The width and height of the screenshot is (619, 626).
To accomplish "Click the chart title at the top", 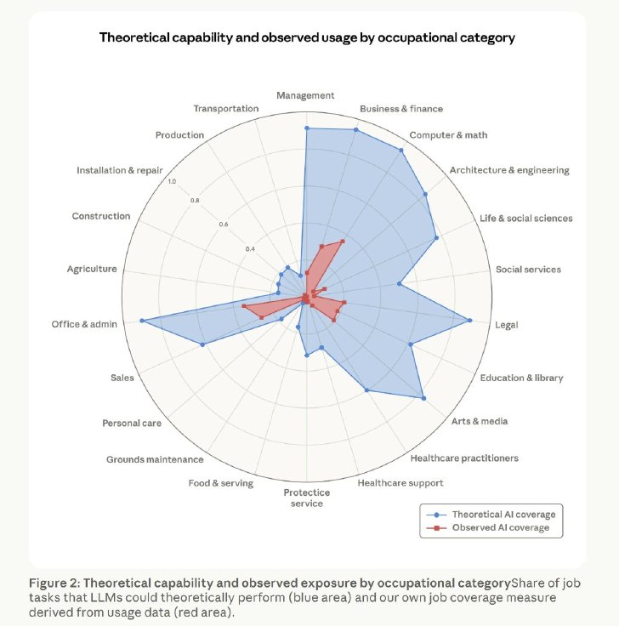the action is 307,37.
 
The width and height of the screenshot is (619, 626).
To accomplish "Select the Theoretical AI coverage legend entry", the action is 491,515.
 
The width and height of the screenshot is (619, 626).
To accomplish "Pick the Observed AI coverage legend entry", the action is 488,528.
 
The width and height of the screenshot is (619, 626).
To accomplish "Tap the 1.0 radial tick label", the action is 172,182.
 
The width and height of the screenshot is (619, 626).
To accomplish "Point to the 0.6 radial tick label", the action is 224,225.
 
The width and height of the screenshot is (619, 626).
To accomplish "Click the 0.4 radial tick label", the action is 250,249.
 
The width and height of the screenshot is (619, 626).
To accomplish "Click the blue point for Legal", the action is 469,320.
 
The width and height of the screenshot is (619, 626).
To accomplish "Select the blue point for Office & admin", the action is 141,321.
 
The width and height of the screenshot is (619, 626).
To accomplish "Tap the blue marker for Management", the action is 306,128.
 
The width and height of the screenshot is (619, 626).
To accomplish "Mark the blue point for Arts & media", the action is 423,398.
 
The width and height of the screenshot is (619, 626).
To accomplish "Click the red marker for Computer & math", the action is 343,242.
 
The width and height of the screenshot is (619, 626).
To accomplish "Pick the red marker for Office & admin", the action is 243,306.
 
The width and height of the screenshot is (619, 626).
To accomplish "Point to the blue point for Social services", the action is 399,283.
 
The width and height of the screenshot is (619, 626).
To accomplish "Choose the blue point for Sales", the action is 202,344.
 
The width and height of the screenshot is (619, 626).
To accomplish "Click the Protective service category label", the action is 306,498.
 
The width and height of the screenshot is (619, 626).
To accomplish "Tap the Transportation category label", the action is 226,109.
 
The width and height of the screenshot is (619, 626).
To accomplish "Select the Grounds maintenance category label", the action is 155,459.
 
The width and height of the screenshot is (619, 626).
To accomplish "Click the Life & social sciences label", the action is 526,218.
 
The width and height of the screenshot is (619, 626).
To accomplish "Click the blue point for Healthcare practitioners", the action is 366,390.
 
